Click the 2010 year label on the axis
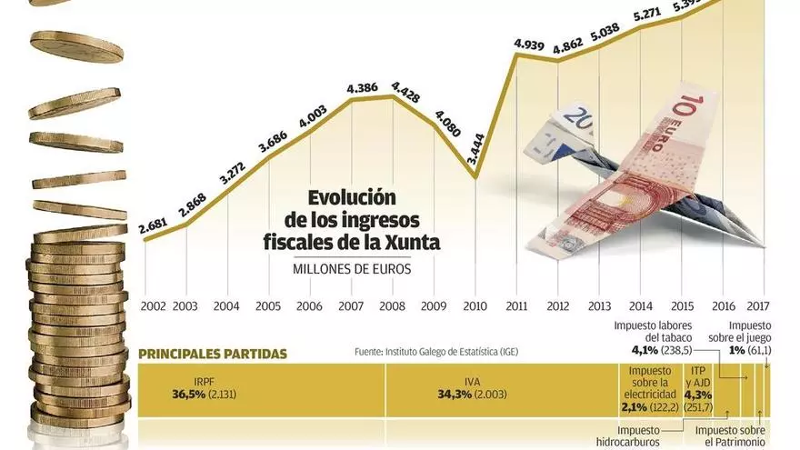coord(475,306)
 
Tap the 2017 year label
coord(757,306)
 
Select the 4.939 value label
coord(528,43)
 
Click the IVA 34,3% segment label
coord(465,388)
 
